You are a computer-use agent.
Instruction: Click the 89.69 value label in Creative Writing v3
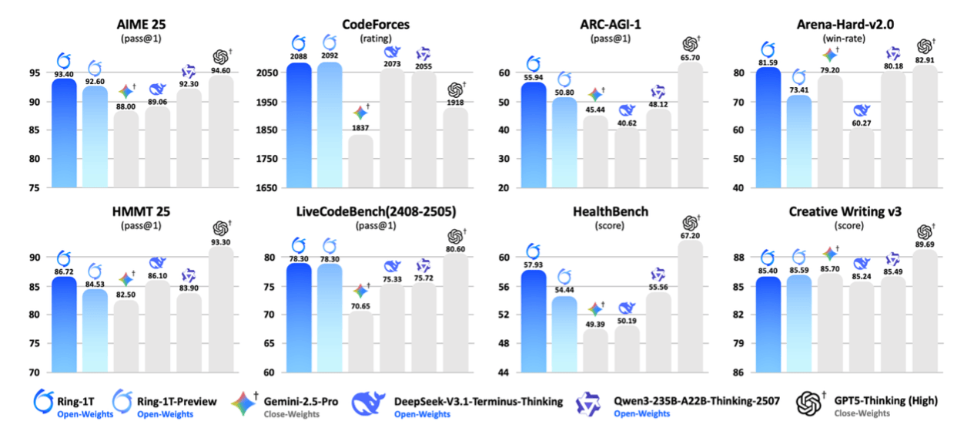pos(925,244)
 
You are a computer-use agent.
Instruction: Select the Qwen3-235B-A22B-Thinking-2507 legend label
pos(697,401)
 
